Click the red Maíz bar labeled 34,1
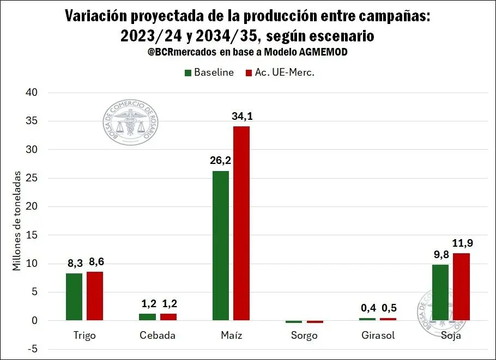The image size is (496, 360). pyautogui.click(x=241, y=223)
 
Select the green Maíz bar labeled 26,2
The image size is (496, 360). pyautogui.click(x=221, y=246)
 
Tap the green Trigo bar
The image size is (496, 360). pyautogui.click(x=74, y=297)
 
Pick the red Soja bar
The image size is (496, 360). pyautogui.click(x=461, y=286)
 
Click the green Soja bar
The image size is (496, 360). pyautogui.click(x=440, y=292)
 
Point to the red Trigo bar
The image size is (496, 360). pyautogui.click(x=94, y=296)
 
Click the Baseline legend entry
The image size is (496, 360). pyautogui.click(x=209, y=72)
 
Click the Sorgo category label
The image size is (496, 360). pyautogui.click(x=304, y=335)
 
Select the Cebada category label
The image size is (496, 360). pyautogui.click(x=158, y=335)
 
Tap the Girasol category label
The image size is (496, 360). pyautogui.click(x=378, y=335)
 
